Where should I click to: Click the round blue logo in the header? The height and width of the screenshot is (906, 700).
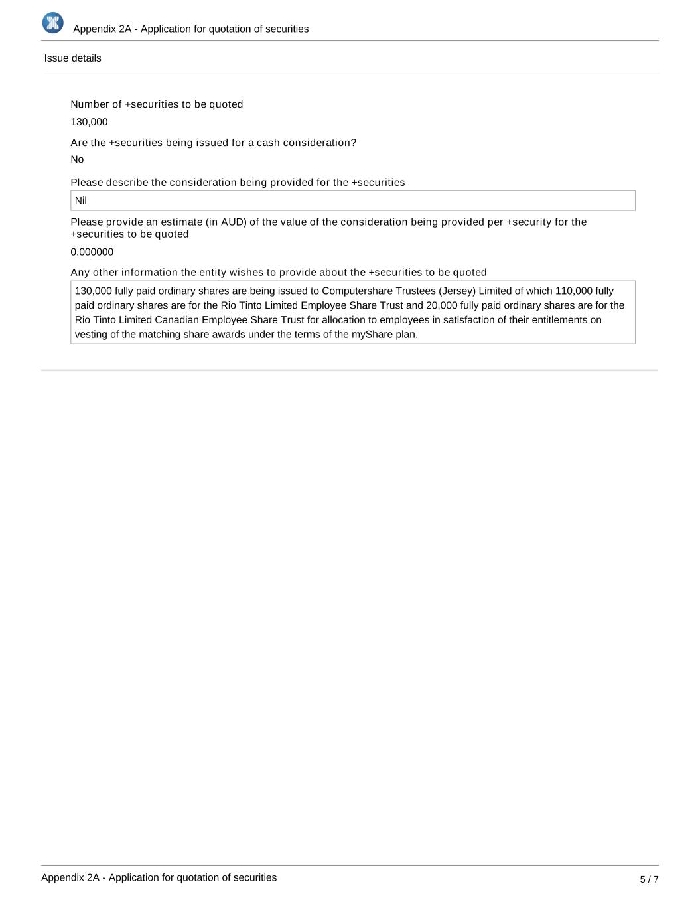point(52,23)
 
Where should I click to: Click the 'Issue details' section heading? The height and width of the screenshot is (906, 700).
point(72,58)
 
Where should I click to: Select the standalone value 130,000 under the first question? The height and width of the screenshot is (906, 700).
point(89,122)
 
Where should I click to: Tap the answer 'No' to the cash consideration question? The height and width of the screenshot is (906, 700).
point(77,159)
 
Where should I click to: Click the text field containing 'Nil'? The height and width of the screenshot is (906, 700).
point(352,200)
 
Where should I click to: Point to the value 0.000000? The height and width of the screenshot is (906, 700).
point(92,252)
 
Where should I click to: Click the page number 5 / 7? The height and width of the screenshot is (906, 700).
point(649,879)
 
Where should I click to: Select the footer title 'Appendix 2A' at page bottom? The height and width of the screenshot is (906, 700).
point(159,877)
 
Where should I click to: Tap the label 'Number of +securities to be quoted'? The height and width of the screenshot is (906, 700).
point(157,104)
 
